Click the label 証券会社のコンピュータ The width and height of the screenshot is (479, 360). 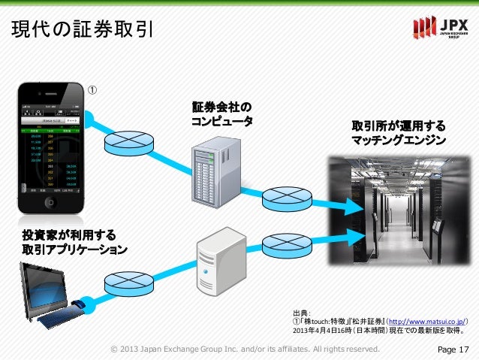221,113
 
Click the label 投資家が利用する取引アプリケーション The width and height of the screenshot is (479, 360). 74,243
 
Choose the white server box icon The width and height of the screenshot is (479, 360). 219,264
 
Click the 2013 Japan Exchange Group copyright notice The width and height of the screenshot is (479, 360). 245,349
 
